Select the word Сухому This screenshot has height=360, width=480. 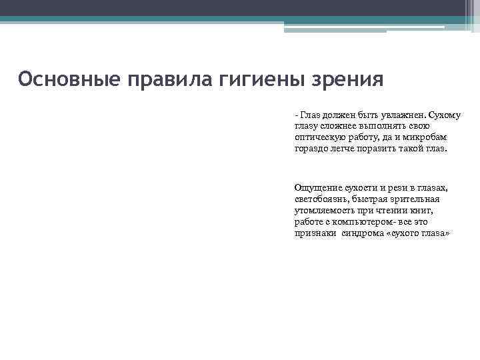[445, 115]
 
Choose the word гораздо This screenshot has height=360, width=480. [311, 148]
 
